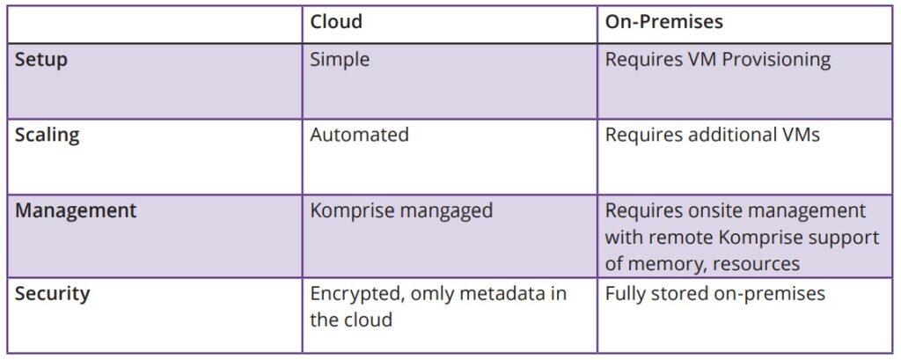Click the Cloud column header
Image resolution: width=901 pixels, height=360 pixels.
336,22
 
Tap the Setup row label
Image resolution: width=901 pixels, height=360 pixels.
41,61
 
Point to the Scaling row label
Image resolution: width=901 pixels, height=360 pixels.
47,135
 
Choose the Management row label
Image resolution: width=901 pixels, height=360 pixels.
76,210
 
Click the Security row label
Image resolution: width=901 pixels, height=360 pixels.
52,293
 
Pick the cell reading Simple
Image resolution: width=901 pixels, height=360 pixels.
340,60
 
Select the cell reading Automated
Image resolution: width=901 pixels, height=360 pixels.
359,135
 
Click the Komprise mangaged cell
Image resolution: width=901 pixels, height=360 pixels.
401,211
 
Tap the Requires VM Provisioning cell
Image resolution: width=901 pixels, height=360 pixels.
717,60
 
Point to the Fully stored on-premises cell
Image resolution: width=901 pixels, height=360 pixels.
714,293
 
